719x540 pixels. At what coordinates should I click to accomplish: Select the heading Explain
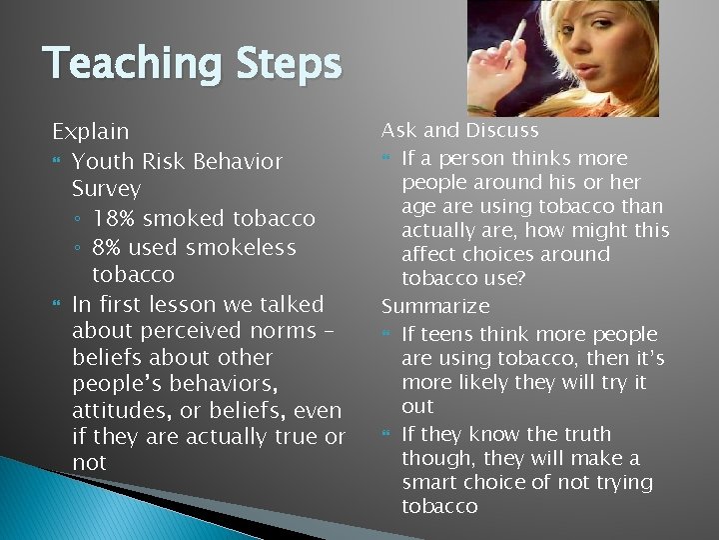tap(91, 131)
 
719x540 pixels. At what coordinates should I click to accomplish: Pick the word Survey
tap(107, 188)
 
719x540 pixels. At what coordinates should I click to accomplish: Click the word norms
tap(289, 330)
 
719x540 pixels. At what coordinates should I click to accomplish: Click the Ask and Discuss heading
tap(460, 130)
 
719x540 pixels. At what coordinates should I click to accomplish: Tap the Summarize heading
tap(435, 306)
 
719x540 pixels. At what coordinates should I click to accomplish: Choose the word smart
tap(431, 482)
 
